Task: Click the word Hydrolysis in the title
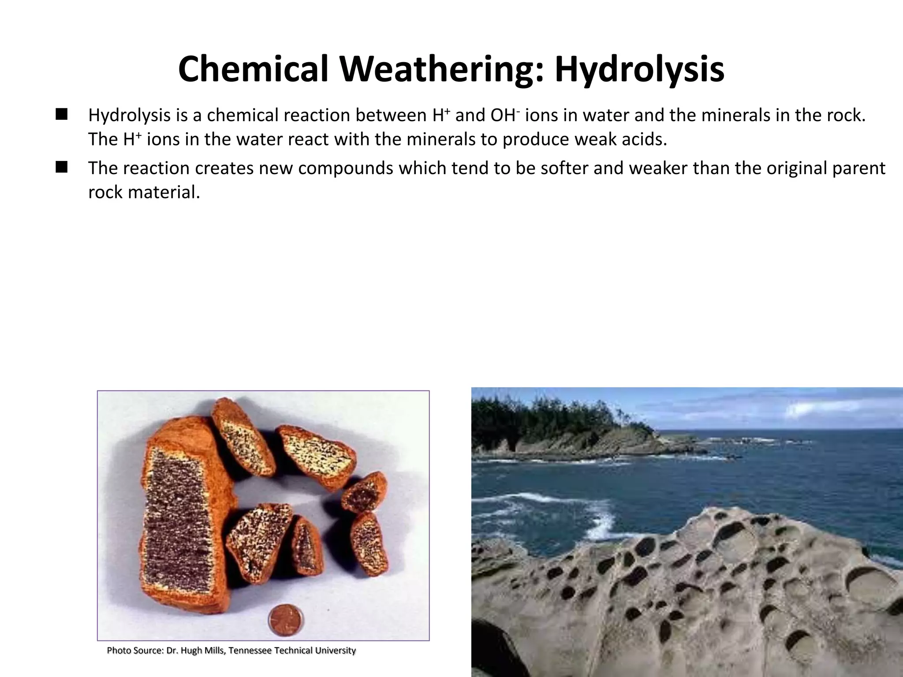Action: pos(639,70)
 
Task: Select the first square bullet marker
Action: pos(61,115)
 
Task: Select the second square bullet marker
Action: pos(61,168)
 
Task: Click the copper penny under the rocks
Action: pos(286,620)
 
